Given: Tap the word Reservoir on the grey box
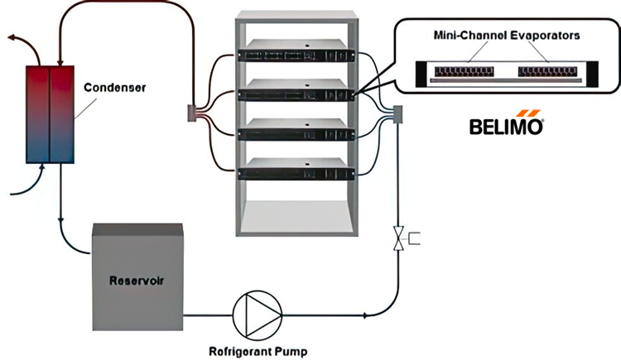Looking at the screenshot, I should click(x=137, y=279).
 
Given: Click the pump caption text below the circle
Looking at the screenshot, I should click(x=258, y=351).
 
